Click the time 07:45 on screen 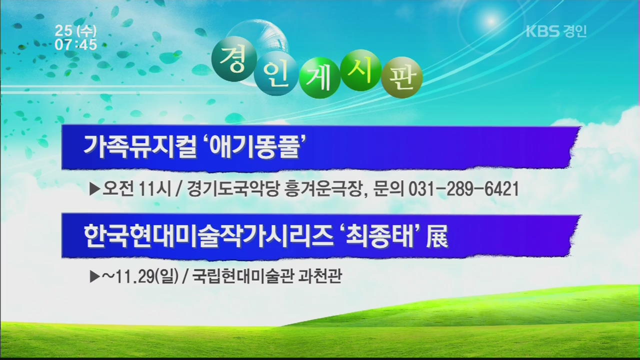click(x=75, y=44)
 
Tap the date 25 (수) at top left click(x=75, y=30)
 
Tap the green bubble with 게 click(x=319, y=77)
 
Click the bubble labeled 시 click(x=361, y=70)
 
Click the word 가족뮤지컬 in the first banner click(x=140, y=147)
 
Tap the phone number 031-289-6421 click(x=463, y=189)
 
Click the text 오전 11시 click(x=137, y=189)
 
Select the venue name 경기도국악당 click(x=233, y=189)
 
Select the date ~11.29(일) click(x=140, y=276)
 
